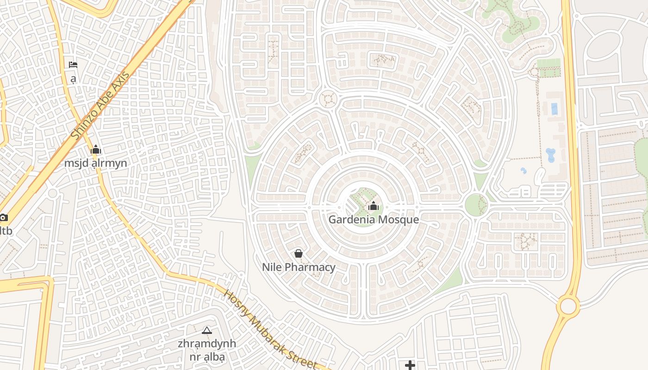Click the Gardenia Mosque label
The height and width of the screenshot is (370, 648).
point(374,220)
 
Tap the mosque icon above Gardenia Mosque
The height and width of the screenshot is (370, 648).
point(373,206)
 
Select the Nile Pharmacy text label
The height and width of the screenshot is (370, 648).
point(299,267)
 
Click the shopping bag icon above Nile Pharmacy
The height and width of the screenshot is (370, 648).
point(299,253)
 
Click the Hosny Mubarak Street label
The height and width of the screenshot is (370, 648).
point(271,330)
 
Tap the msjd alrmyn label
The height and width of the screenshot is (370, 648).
point(95,163)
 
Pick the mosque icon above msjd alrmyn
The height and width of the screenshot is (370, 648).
point(96,150)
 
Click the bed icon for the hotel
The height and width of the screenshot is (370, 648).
point(73,65)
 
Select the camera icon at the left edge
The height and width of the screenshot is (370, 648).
point(3,217)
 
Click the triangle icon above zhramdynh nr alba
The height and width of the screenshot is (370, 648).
point(207,330)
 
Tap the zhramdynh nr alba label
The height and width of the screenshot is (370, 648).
point(207,350)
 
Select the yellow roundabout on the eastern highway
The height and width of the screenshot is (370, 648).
point(568,306)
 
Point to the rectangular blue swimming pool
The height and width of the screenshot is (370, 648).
point(555,109)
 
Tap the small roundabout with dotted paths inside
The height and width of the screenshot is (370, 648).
point(329,99)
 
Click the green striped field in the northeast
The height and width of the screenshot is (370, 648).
point(549,68)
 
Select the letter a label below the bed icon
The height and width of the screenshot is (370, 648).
point(73,79)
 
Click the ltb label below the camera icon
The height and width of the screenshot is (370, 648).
point(6,230)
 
